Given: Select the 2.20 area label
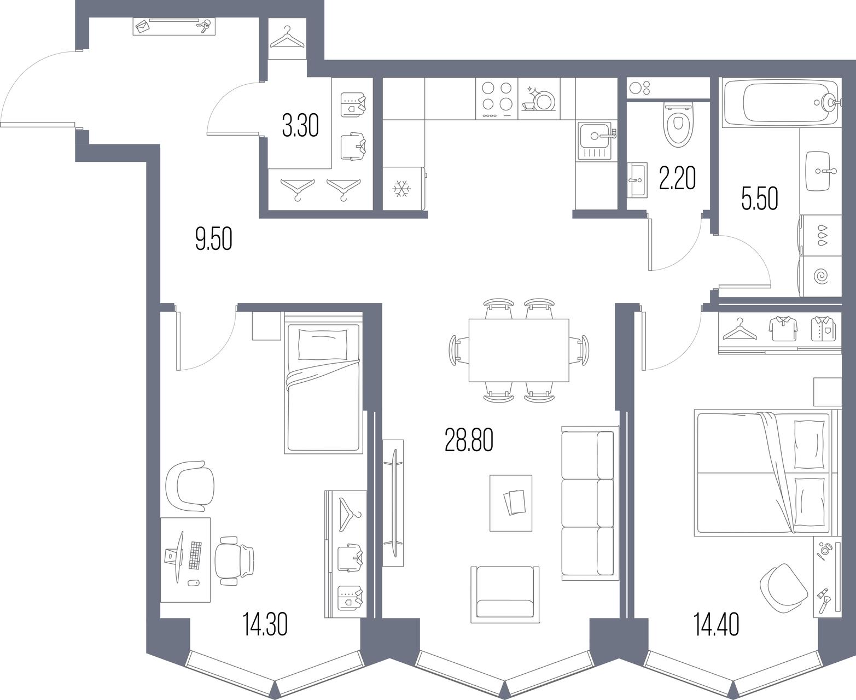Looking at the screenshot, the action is click(x=677, y=178).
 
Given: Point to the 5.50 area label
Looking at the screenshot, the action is click(x=759, y=199).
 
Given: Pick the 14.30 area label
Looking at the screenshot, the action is click(x=265, y=625).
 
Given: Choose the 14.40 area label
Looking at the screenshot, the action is click(x=717, y=625).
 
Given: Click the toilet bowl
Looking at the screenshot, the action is click(x=678, y=125).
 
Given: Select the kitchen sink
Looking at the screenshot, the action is click(x=596, y=141).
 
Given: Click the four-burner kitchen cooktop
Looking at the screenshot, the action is click(x=497, y=98).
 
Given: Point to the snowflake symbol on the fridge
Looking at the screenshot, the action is click(x=402, y=189).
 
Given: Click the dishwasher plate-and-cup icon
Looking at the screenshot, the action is click(x=538, y=98).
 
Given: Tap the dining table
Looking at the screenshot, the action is click(x=519, y=350).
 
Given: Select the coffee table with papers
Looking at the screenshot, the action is click(x=511, y=503).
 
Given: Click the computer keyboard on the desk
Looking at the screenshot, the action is click(x=196, y=556).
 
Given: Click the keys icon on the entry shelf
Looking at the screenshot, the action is click(x=204, y=27).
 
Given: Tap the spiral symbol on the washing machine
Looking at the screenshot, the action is click(x=822, y=276).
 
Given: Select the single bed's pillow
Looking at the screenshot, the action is click(x=323, y=345).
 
